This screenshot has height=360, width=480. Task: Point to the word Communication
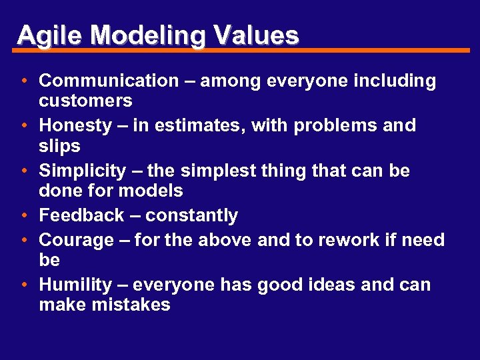[x=109, y=81]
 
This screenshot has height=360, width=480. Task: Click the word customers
[x=85, y=101]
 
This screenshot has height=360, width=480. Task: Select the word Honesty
[x=75, y=125]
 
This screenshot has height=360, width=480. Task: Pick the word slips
[x=59, y=146]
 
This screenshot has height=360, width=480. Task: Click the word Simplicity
[x=82, y=171]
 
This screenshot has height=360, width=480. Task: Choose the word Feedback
[x=81, y=215]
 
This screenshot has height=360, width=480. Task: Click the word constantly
[x=191, y=215]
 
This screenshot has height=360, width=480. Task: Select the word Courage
[x=77, y=240]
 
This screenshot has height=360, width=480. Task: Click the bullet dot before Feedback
[x=23, y=215]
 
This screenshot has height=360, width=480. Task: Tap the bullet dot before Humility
[x=23, y=285]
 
